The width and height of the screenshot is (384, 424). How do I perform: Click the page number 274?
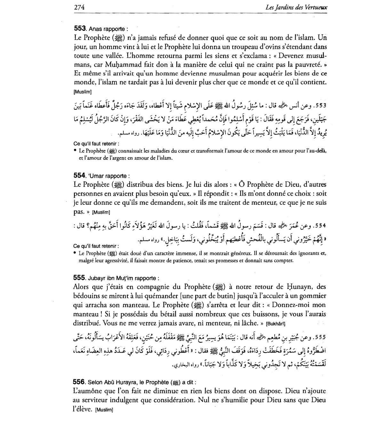click(x=79, y=7)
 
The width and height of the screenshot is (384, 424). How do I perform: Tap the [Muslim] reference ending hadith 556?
click(x=104, y=410)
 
